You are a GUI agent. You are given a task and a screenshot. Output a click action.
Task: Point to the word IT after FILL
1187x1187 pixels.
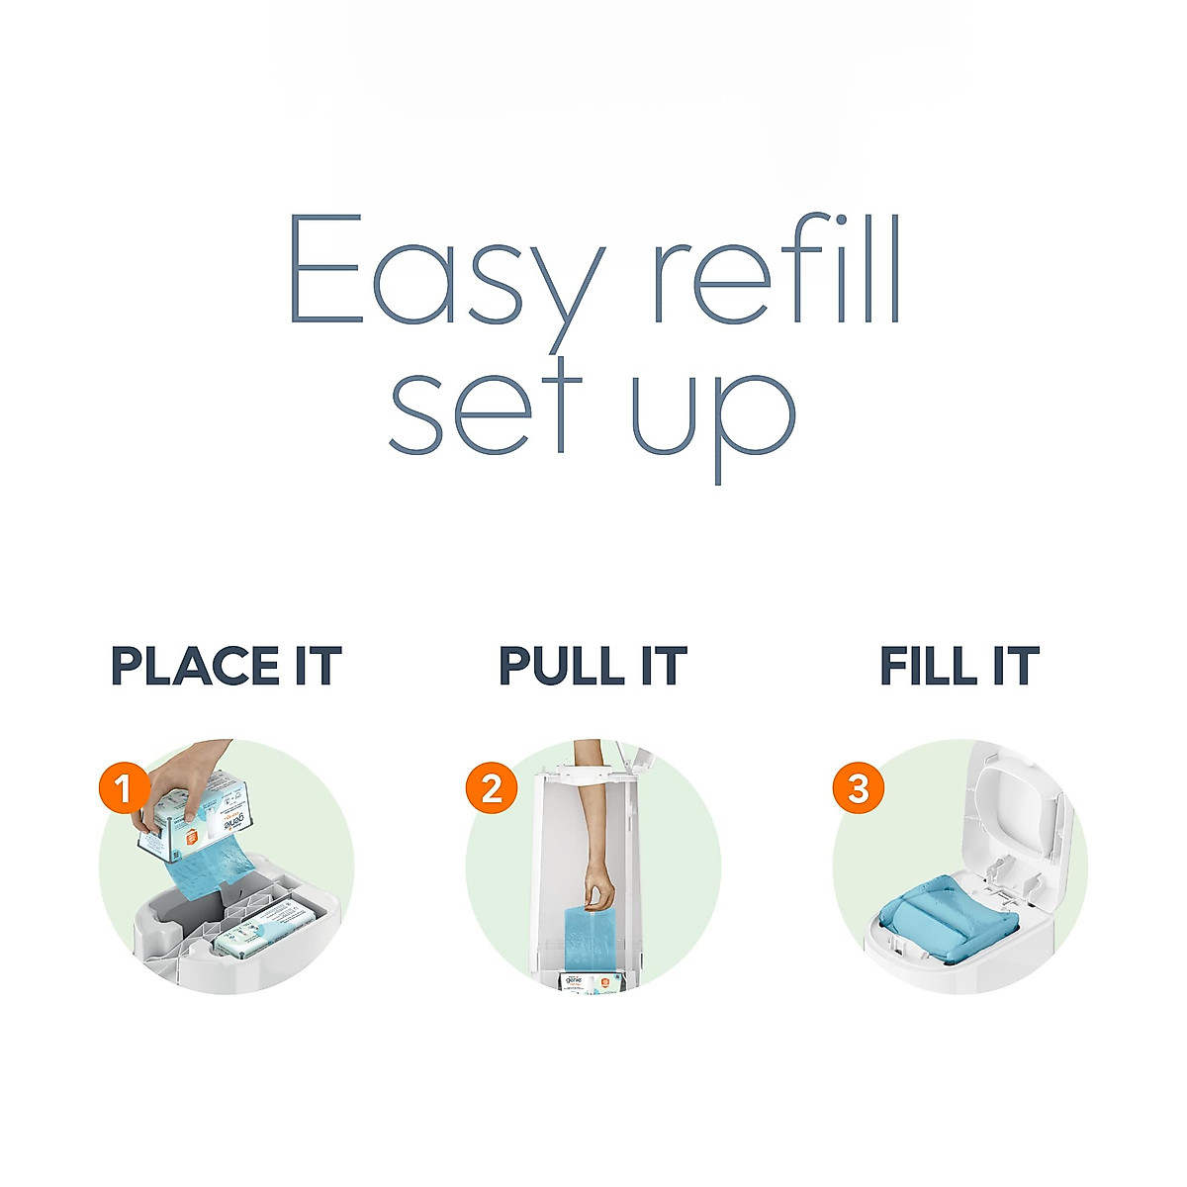[1015, 666]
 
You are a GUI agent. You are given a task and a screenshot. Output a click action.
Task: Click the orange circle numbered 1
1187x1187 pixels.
[124, 789]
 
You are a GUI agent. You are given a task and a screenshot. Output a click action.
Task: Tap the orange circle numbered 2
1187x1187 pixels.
[492, 789]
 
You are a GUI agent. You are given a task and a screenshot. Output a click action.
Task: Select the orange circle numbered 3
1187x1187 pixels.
[858, 789]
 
